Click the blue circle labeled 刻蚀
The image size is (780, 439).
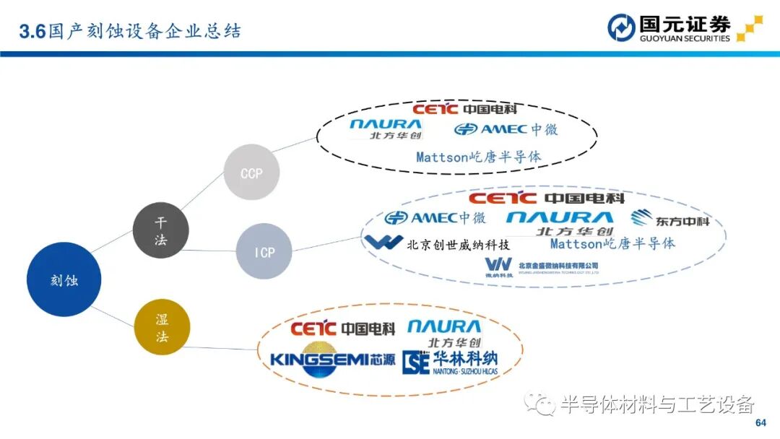[64, 279]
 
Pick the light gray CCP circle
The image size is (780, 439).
[251, 173]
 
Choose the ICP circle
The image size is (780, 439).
[264, 251]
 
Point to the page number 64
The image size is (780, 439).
[760, 422]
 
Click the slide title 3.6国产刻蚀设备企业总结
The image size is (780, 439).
[130, 31]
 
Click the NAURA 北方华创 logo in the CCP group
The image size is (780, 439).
[386, 129]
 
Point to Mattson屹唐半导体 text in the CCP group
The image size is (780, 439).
[478, 156]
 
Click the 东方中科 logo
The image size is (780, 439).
[669, 218]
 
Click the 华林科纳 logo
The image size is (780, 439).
[449, 362]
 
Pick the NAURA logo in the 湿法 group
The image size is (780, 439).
[443, 333]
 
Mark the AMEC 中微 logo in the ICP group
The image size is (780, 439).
[435, 218]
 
